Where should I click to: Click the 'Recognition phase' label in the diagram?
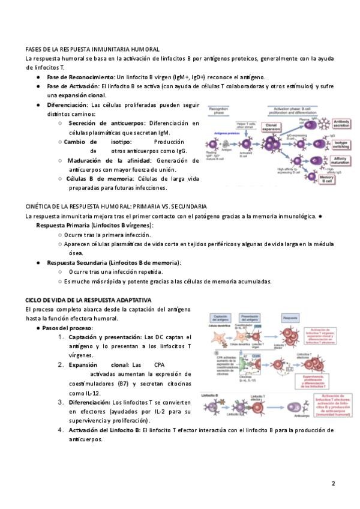tap(218, 110)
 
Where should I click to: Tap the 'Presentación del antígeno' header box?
tap(248, 318)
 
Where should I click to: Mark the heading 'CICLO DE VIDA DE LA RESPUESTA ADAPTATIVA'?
tap(88, 299)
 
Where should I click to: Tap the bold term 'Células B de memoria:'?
tap(98, 178)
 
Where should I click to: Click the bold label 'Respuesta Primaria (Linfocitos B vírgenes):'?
tap(95, 225)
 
